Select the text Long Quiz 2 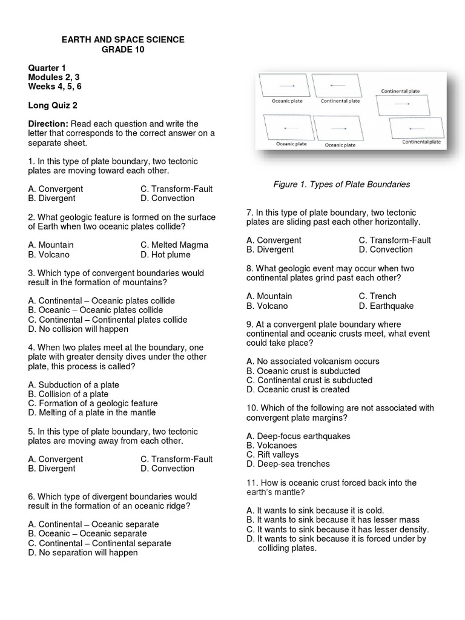(53, 105)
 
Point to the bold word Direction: (48, 124)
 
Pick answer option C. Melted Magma (174, 245)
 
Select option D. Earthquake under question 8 (386, 306)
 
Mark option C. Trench (377, 296)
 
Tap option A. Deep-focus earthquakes (298, 436)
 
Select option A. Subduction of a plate (73, 384)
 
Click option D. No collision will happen (78, 329)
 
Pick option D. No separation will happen (83, 552)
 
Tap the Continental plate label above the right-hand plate (400, 91)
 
